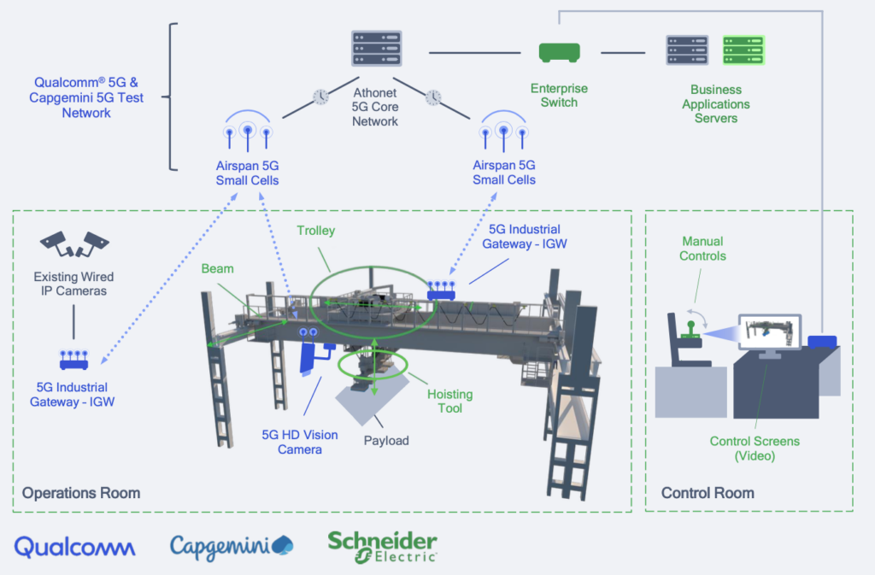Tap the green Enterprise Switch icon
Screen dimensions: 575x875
[x=559, y=53]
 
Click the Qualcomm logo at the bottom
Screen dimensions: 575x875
[x=74, y=547]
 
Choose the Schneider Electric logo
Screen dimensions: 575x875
[x=382, y=547]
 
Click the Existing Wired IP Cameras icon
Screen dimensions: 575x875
[x=74, y=244]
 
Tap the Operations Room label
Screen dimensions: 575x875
[x=81, y=493]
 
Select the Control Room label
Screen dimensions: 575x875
[x=708, y=493]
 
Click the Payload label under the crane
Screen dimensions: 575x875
[x=386, y=441]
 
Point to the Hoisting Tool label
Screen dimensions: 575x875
[x=449, y=402]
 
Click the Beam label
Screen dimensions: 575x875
[x=218, y=268]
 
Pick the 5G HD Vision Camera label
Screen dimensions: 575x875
[x=299, y=442]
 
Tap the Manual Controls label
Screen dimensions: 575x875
[x=702, y=249]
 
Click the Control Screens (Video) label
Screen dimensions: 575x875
[x=755, y=449]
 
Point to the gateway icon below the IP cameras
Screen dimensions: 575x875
[x=74, y=358]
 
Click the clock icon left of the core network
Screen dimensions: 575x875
[x=320, y=97]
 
